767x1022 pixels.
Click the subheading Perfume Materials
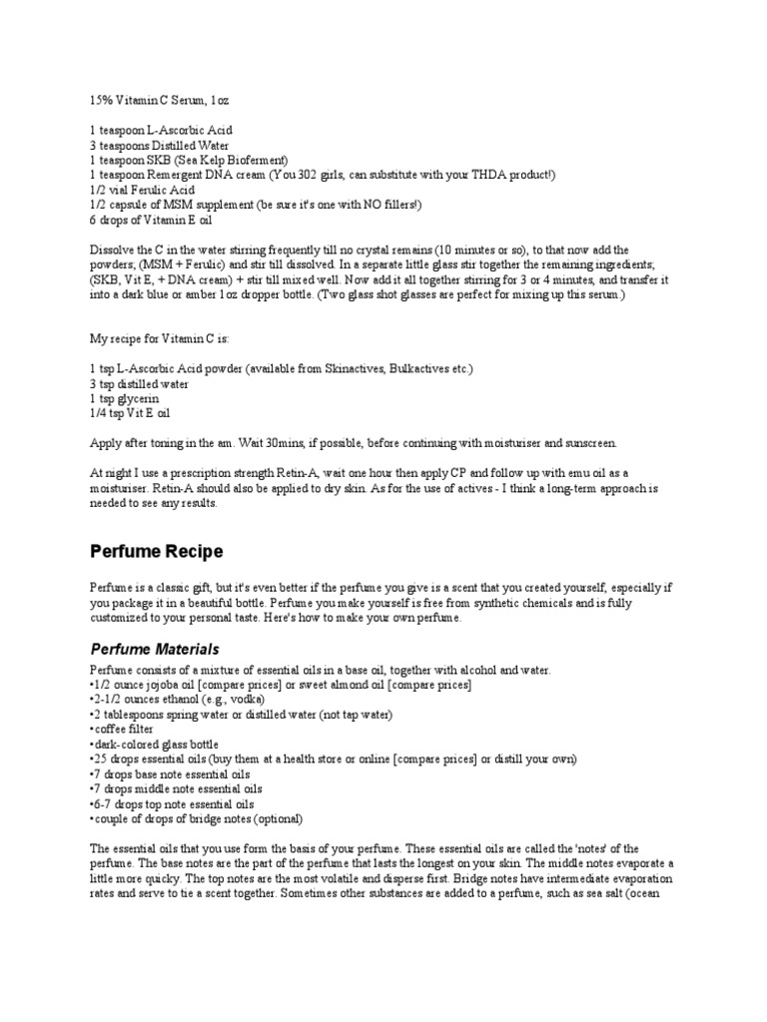pyautogui.click(x=154, y=649)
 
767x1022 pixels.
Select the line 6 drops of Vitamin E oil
pyautogui.click(x=150, y=220)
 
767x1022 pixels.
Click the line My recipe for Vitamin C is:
pyautogui.click(x=160, y=339)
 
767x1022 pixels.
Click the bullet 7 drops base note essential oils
pyautogui.click(x=171, y=774)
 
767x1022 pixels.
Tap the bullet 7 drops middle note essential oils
pyautogui.click(x=177, y=788)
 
